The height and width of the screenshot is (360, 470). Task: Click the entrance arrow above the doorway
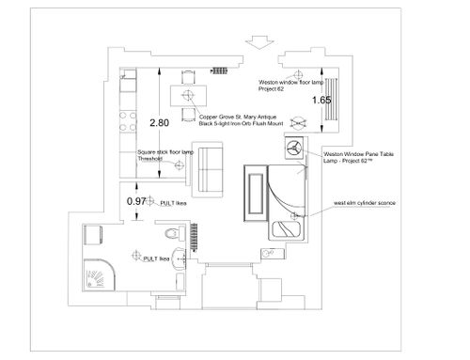point(259,42)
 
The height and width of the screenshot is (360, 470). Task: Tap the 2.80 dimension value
point(159,123)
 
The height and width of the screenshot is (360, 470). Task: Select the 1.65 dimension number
point(321,100)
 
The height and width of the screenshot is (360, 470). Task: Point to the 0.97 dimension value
point(136,201)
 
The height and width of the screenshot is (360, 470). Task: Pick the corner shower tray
point(99,274)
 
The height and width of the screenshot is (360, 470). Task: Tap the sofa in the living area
point(207,169)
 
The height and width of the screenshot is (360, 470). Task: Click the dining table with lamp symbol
point(188,96)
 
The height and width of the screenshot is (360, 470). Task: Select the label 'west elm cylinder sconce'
point(365,203)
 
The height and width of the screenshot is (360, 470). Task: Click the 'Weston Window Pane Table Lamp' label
point(358,157)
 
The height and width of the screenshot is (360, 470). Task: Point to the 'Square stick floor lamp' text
point(165,152)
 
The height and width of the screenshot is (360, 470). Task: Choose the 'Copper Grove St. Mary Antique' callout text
point(238,117)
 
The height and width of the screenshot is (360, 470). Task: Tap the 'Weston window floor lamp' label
point(290,83)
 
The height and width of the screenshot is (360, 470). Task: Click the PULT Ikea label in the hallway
point(173,203)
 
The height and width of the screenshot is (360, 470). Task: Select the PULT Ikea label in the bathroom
point(156,259)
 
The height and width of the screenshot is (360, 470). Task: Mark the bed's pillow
point(286,229)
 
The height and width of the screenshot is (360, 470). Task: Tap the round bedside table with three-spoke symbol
point(294,147)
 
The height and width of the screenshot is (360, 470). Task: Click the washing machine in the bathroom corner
point(93,234)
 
